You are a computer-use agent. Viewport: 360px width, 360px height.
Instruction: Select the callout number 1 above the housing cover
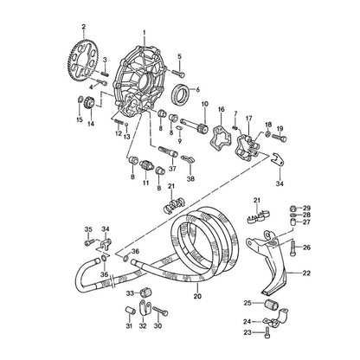pos(145,33)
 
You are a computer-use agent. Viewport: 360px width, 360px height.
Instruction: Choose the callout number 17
pos(248,119)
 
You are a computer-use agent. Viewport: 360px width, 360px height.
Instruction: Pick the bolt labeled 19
pos(279,138)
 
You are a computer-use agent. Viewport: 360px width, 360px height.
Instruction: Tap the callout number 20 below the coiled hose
pos(197,296)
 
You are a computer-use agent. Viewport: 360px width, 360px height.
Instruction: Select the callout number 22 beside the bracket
pos(306,273)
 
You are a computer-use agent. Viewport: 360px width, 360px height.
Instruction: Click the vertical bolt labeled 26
pos(293,248)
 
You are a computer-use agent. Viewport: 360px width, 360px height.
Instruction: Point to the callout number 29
pos(306,208)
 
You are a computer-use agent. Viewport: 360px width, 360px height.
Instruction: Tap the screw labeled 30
pos(160,312)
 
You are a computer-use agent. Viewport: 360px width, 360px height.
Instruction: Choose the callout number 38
pos(190,179)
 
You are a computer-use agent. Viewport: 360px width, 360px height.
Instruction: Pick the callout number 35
pos(88,229)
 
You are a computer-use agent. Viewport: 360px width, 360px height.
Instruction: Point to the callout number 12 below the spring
pos(119,134)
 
